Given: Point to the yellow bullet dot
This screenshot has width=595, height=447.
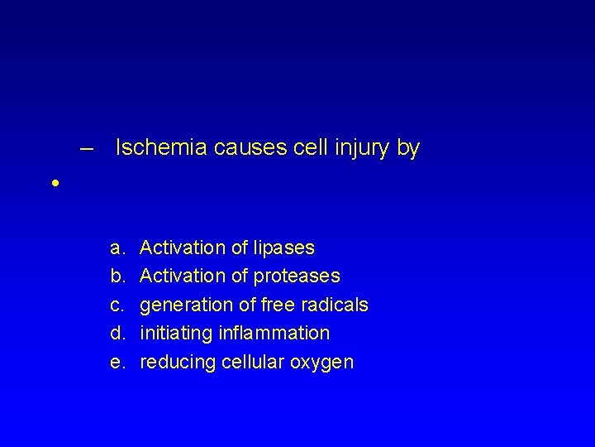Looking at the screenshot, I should tap(54, 182).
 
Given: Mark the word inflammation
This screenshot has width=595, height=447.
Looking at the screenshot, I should tap(273, 333).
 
